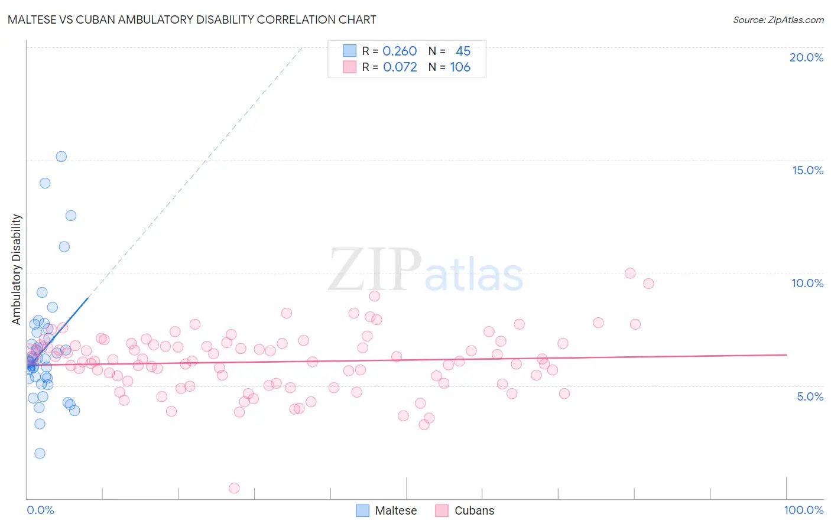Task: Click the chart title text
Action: click(191, 19)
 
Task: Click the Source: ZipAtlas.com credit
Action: click(778, 19)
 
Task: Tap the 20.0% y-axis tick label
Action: click(806, 57)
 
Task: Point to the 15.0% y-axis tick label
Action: click(807, 170)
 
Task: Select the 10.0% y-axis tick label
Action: click(807, 283)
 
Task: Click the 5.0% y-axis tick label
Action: click(810, 396)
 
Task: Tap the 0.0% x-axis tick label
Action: click(40, 510)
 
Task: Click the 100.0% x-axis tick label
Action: click(803, 510)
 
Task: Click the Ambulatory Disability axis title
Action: click(17, 269)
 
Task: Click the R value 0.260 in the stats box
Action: click(400, 51)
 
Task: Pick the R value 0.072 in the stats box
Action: click(400, 67)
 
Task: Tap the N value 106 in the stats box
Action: click(460, 67)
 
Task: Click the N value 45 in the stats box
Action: click(463, 51)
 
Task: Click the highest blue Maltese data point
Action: click(61, 157)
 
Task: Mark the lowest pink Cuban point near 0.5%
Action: click(234, 488)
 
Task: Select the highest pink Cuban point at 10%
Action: click(630, 273)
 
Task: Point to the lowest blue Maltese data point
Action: click(40, 453)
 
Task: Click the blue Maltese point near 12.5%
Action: click(71, 216)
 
